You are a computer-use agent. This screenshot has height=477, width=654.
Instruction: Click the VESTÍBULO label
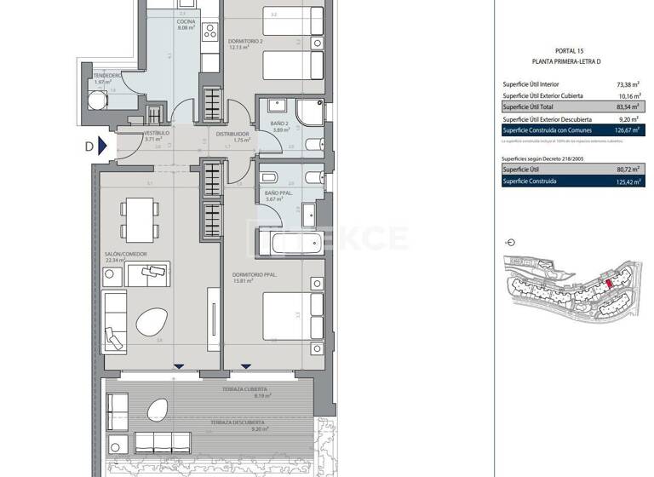[x=158, y=134]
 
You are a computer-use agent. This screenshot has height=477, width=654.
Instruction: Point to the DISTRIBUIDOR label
[x=232, y=134]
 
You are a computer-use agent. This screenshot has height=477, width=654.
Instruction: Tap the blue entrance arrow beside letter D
[x=102, y=146]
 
